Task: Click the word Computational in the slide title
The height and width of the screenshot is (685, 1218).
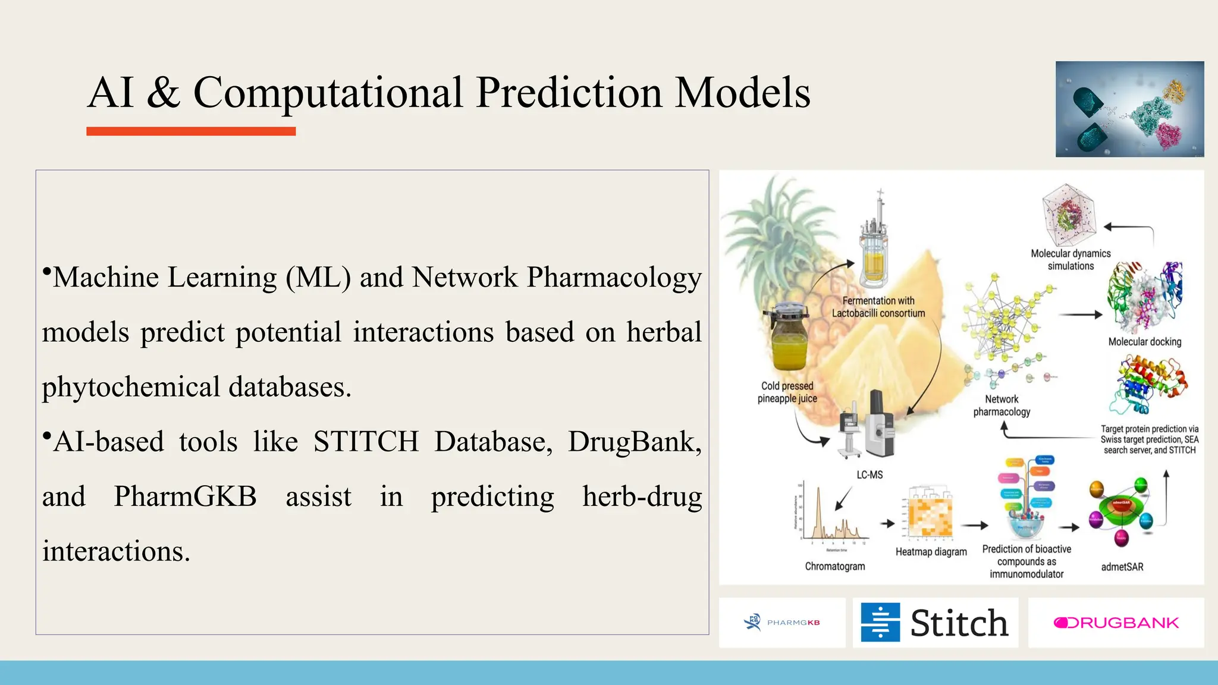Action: click(328, 93)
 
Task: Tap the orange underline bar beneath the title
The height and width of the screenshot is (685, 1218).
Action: click(191, 131)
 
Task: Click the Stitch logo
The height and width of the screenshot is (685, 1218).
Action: click(935, 623)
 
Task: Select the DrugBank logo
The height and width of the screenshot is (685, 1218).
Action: click(1116, 623)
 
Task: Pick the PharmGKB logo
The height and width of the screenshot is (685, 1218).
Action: click(782, 623)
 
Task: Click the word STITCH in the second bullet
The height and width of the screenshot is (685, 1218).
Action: click(366, 442)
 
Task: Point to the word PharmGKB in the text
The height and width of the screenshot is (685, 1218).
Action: click(185, 497)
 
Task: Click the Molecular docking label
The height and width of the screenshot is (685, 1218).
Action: click(1144, 342)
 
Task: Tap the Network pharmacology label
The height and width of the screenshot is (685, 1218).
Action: click(1002, 406)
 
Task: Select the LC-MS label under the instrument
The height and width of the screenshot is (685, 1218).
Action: click(869, 475)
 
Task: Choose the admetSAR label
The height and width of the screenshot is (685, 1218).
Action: click(1122, 567)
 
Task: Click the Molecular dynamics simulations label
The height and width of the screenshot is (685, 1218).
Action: click(1071, 260)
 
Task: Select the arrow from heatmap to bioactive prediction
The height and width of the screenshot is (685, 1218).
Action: click(974, 525)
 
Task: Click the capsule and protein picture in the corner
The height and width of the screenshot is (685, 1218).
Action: click(1129, 109)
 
